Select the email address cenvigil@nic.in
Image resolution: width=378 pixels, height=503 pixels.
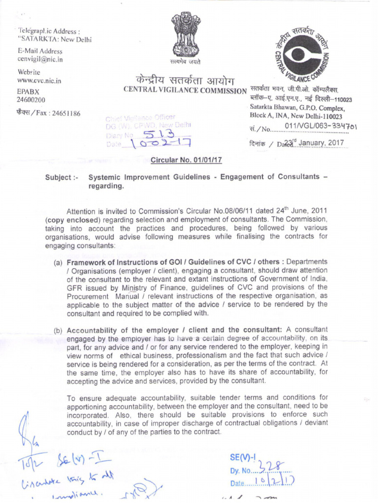[40, 59]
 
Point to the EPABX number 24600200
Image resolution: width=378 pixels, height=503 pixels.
[31, 100]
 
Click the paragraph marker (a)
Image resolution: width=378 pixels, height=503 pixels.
[58, 262]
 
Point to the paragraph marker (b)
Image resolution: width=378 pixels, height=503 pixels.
[58, 329]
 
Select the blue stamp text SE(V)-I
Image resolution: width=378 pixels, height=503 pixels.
[243, 457]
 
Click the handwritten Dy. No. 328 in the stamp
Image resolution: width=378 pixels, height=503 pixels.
[261, 470]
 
